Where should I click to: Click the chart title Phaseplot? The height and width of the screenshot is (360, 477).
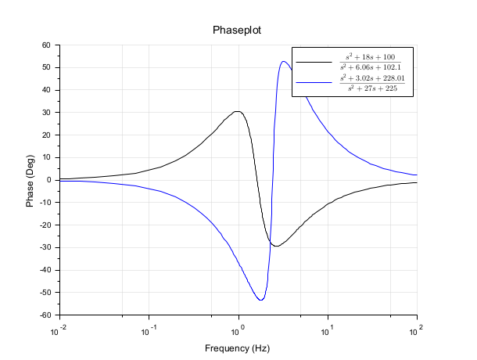(x=238, y=31)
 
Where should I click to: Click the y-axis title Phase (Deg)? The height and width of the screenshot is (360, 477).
(x=30, y=180)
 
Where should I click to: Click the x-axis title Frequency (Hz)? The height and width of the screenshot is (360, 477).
(x=238, y=347)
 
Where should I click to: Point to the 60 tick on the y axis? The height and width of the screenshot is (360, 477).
(x=46, y=45)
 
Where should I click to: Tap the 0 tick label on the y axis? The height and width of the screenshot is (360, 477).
(x=48, y=180)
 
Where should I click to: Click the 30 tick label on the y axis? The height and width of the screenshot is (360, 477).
(x=46, y=113)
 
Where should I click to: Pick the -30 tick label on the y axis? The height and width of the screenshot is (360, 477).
(x=44, y=248)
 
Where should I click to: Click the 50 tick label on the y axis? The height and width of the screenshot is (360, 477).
(x=46, y=67)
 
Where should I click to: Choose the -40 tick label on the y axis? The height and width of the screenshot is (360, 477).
(x=44, y=271)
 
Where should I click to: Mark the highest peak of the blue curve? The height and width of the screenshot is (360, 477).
(x=283, y=61)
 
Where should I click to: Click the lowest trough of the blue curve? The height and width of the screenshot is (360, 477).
(x=260, y=300)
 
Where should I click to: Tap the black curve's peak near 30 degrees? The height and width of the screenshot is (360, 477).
(x=237, y=111)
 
